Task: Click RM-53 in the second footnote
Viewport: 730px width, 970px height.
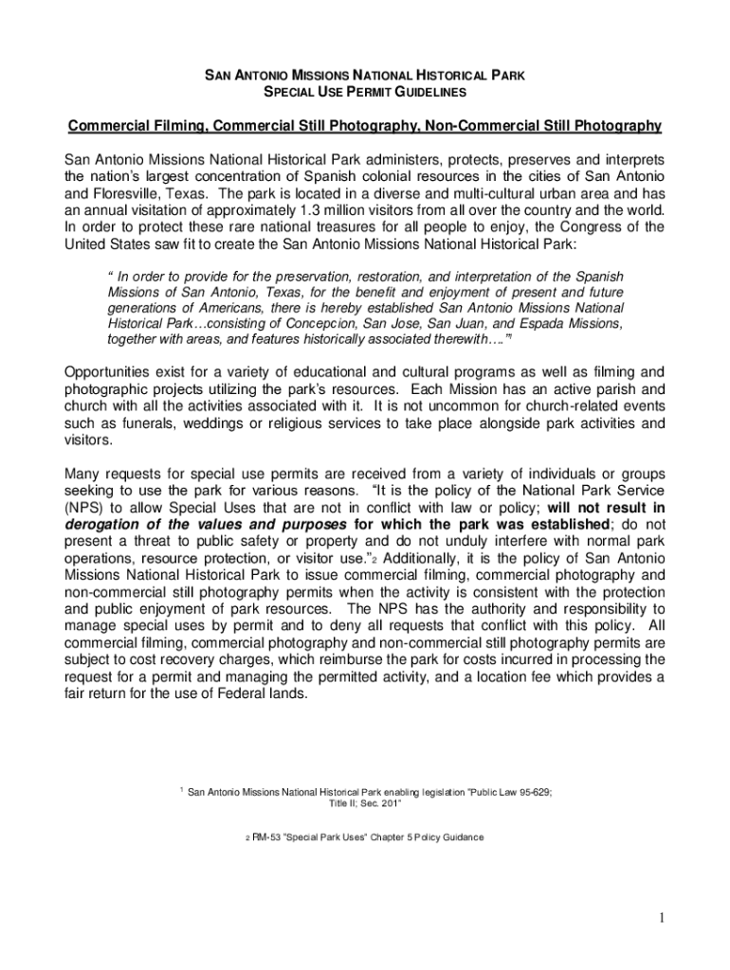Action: tap(267, 837)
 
